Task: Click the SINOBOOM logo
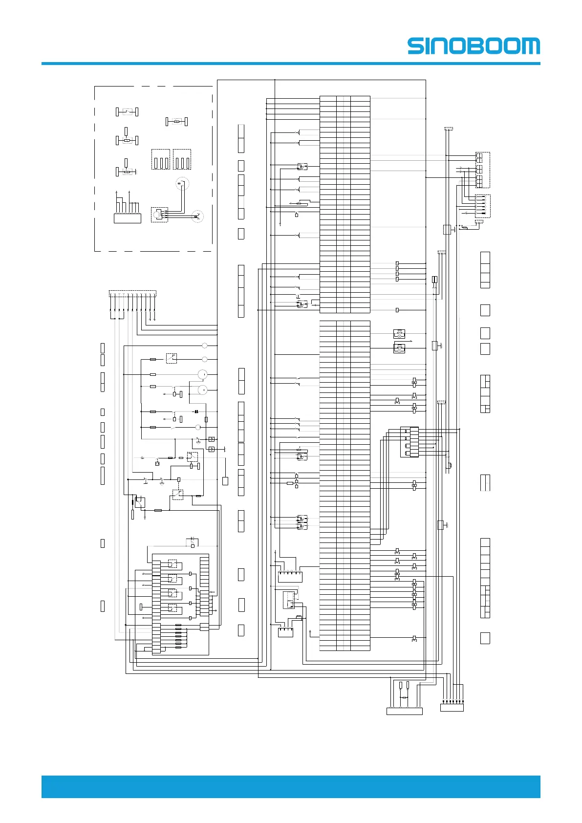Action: tap(474, 46)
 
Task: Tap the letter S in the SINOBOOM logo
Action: tap(416, 46)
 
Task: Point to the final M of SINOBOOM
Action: tap(530, 46)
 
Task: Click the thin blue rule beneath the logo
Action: tap(291, 63)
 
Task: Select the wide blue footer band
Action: tap(291, 786)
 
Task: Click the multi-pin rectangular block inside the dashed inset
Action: tap(127, 218)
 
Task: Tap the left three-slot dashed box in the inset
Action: tap(160, 159)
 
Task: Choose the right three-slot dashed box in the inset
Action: tap(182, 159)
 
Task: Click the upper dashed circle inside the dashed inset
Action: tap(182, 184)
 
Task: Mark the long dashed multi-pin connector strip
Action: tap(132, 293)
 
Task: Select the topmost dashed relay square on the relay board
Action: tap(172, 563)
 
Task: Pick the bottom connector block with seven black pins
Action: tap(452, 707)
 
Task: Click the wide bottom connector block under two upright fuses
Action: tap(404, 711)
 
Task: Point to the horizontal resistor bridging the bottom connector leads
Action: tap(404, 698)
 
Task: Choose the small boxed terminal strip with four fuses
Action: tap(409, 442)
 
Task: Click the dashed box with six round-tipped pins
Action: tap(483, 206)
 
